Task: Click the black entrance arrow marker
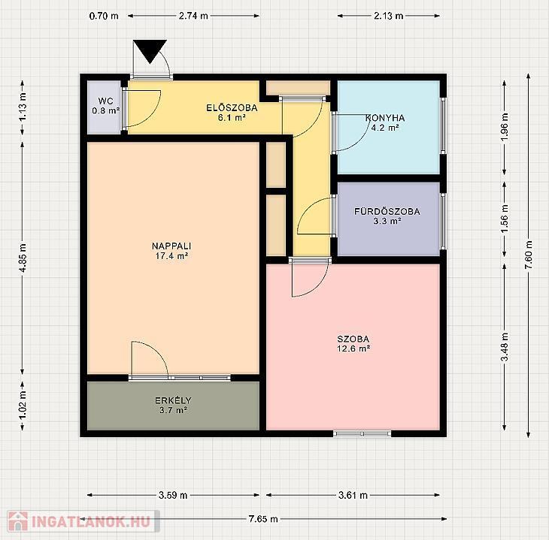point(150,50)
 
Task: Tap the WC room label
point(106,106)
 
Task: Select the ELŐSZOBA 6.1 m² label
point(232,112)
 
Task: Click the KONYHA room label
point(385,122)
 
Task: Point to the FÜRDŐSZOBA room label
point(387,216)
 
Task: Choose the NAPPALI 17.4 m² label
point(171,251)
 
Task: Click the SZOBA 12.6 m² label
point(353,343)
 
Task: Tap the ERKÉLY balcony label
point(173,405)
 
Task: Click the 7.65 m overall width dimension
point(263,519)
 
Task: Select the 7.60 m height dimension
point(529,255)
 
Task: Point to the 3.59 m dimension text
point(173,495)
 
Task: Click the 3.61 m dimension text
point(353,495)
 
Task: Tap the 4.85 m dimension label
point(23,258)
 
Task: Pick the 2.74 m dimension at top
point(193,16)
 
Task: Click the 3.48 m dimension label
point(505,347)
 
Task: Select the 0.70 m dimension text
point(104,16)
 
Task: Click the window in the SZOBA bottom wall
point(362,433)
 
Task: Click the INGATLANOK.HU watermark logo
point(83,521)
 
